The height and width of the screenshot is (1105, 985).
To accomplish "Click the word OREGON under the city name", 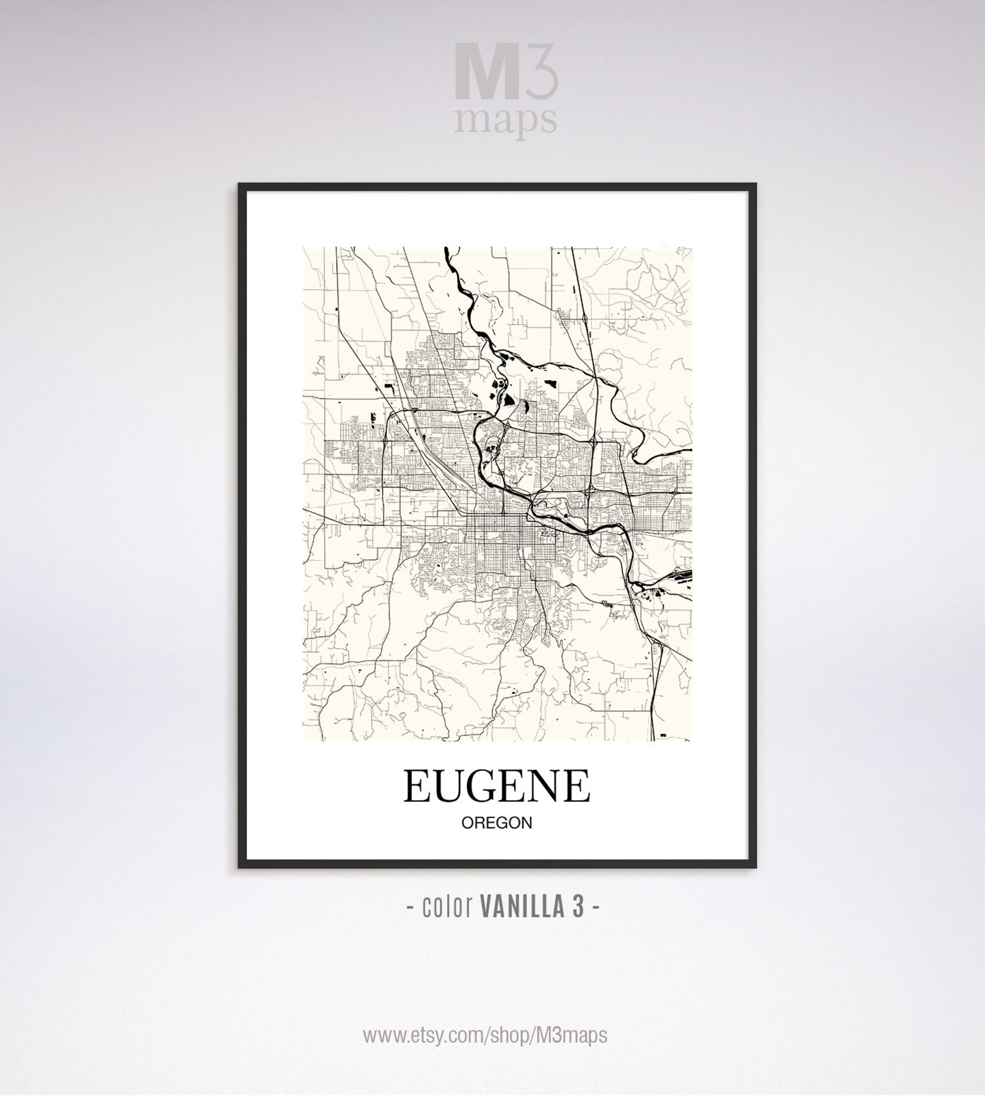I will (x=497, y=823).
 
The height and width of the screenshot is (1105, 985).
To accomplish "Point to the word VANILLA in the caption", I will (x=522, y=907).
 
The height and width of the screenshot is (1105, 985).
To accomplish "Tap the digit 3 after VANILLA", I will (x=578, y=907).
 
